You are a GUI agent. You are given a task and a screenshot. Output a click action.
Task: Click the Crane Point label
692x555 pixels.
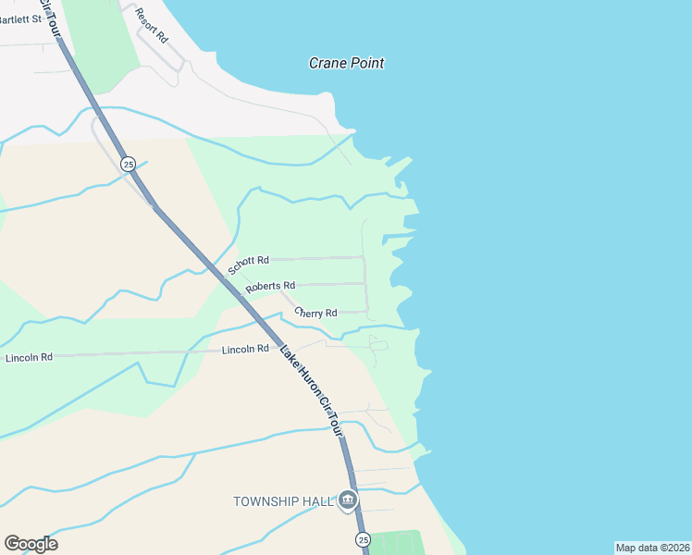pos(346,63)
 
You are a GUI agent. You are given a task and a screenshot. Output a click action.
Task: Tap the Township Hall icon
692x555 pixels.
pos(348,501)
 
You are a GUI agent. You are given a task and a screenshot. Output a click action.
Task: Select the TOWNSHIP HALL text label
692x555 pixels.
pos(282,501)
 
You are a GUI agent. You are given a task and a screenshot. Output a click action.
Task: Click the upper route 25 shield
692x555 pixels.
pos(129,164)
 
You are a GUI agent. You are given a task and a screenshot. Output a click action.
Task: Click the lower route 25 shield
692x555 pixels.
pos(363,539)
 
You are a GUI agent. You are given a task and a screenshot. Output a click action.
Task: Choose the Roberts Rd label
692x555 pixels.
pos(270,287)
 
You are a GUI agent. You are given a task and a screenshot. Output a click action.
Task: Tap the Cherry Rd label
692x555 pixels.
pos(315,313)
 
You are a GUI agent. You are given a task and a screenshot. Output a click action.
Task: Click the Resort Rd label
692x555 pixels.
pos(151,26)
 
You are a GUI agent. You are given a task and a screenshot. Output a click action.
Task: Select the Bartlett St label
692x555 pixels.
pos(20,18)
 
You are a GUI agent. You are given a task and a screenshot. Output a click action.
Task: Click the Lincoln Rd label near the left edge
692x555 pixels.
pos(29,357)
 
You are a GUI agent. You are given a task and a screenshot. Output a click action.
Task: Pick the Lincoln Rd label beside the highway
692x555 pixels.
pos(245,349)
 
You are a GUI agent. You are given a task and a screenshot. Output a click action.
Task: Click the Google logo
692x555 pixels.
pos(31,544)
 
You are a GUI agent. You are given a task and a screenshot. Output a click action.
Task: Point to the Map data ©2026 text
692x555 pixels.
pos(653,548)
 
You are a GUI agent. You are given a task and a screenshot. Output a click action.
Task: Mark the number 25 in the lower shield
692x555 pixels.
pos(363,539)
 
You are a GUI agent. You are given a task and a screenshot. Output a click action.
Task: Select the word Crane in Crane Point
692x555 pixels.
pos(327,63)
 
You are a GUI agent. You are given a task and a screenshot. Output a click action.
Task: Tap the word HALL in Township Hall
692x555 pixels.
pos(315,501)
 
